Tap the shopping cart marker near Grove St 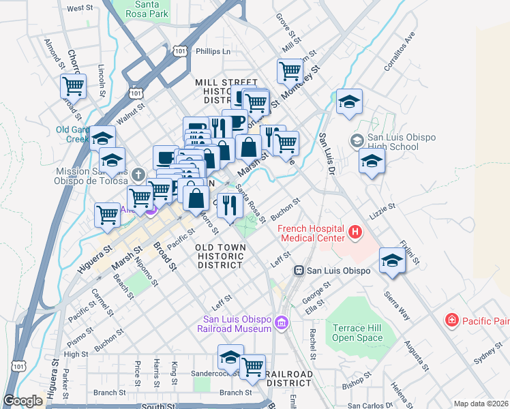coord(290,71)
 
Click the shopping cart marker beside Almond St coord(73,87)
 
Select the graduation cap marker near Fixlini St coord(392,261)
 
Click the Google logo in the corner coord(24,401)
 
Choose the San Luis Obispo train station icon coord(298,271)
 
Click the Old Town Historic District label coord(220,256)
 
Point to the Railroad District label coord(289,379)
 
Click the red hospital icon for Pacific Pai coord(451,320)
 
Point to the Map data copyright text coord(481,404)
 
